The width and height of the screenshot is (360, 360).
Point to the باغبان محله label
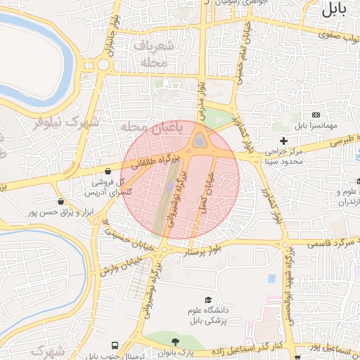[x=150, y=127]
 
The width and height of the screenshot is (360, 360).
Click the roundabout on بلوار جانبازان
[x=104, y=65]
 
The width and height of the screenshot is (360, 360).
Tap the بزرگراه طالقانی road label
[x=151, y=161]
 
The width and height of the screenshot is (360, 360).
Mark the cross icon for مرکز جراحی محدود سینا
[x=283, y=141]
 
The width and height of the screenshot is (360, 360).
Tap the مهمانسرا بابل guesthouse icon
[x=316, y=115]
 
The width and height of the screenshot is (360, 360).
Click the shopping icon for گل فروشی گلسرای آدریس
[x=107, y=170]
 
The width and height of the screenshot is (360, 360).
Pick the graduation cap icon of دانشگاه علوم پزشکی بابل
[x=207, y=300]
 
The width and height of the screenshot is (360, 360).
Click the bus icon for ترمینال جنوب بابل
[x=115, y=346]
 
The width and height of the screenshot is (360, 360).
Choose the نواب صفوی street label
[x=340, y=33]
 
